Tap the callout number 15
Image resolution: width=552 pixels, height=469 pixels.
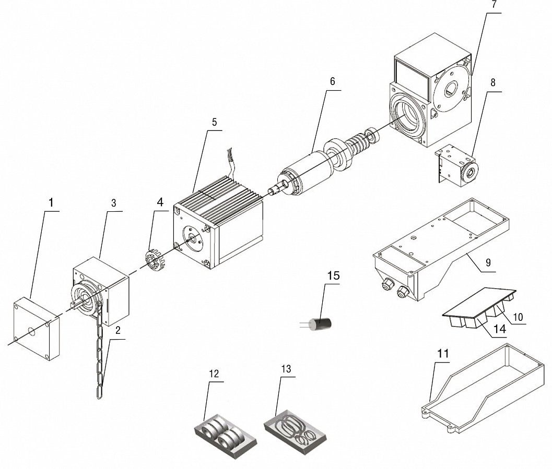(333, 275)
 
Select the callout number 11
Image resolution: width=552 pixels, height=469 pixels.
(443, 354)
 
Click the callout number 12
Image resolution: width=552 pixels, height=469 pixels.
(214, 374)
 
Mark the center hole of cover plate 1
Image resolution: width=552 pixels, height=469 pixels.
(31, 330)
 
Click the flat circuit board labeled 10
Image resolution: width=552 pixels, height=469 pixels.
(478, 303)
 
